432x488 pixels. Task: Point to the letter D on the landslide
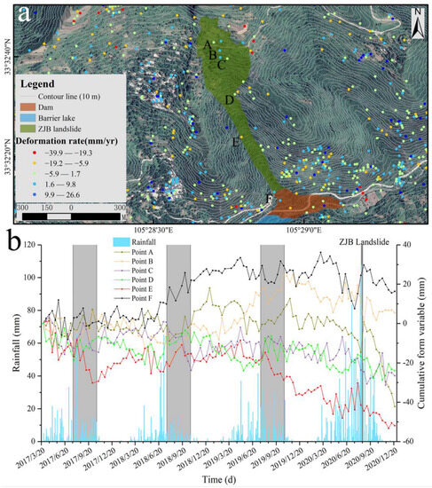[229, 100]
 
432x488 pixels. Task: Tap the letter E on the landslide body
[234, 142]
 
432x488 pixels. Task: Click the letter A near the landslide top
[207, 44]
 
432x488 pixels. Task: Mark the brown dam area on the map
[302, 202]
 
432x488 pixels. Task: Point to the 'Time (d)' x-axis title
[216, 481]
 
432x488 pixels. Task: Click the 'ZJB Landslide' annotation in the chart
[363, 241]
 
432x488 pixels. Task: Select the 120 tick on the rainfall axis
[32, 245]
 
